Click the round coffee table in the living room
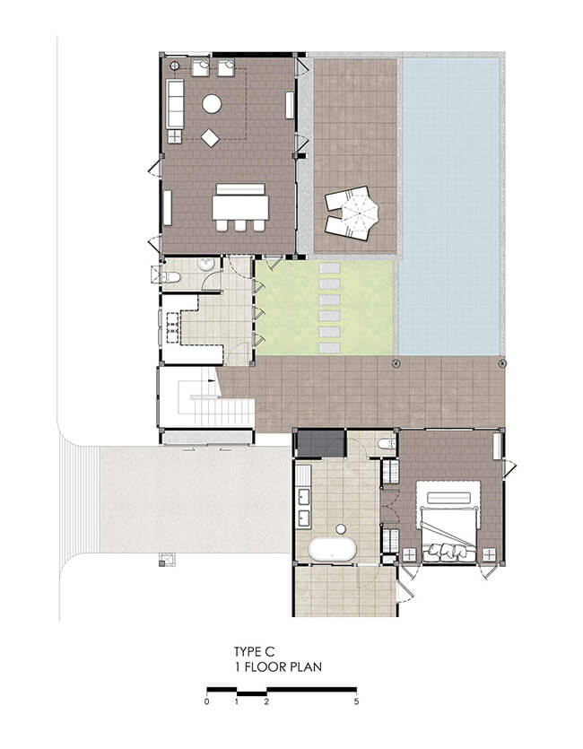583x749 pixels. point(212,104)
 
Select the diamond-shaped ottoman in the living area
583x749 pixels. point(210,138)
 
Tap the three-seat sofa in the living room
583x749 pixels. point(175,104)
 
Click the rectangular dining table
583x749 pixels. point(240,208)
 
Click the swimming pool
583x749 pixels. point(449,205)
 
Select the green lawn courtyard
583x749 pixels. point(325,308)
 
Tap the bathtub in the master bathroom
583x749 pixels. point(333,549)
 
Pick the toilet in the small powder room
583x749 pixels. point(170,277)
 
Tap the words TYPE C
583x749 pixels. point(255,651)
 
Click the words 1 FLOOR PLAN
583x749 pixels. point(278,666)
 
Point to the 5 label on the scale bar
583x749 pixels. point(356,701)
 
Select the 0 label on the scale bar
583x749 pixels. point(206,701)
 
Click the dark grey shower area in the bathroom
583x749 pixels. point(321,443)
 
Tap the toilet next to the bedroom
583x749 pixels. point(387,444)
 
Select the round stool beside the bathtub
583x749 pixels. point(341,529)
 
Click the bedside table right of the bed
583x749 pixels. point(489,554)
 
